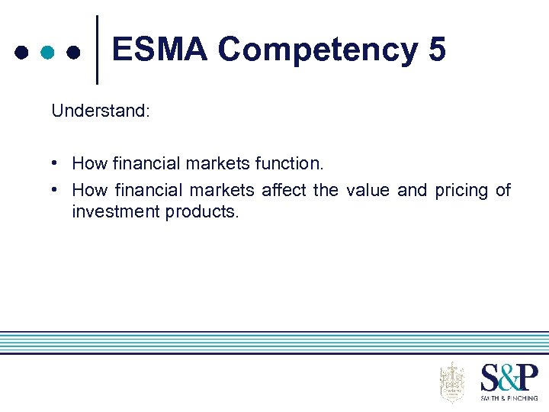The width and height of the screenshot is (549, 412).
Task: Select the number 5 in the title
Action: pos(437,50)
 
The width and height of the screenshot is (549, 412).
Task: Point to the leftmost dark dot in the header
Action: pos(22,53)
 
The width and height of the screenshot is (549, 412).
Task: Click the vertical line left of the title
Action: pos(97,50)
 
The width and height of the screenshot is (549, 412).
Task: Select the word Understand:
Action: pos(101,111)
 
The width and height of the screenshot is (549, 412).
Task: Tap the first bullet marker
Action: pos(56,163)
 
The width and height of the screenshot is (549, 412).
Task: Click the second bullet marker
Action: pos(56,190)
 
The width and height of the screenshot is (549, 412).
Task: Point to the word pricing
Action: pos(461,191)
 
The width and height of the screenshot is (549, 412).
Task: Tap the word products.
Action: pos(202,212)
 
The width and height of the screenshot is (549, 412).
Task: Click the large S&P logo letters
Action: pos(509,378)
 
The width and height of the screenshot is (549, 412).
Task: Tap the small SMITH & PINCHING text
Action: pos(509,398)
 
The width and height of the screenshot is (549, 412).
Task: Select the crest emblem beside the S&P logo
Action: pos(452,381)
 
